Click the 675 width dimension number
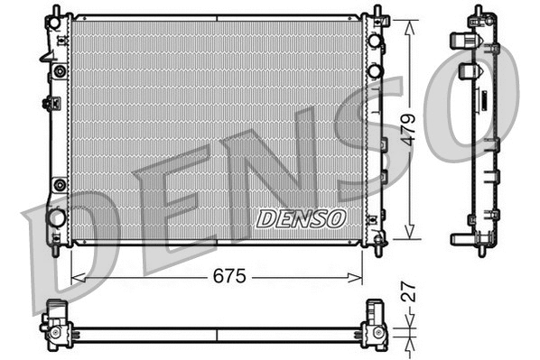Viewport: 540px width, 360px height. [x=229, y=277]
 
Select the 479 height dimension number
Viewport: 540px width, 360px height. [x=409, y=129]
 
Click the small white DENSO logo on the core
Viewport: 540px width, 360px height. [x=301, y=218]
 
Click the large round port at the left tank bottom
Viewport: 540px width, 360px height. [x=57, y=217]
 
